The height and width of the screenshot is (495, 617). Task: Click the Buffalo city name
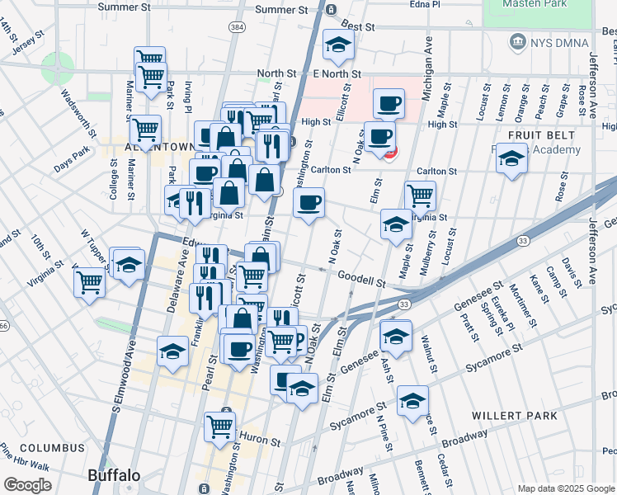[114, 475]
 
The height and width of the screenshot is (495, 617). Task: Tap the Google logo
[27, 485]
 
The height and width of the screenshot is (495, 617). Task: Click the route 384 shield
[238, 27]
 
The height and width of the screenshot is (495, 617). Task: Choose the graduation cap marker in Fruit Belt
[511, 158]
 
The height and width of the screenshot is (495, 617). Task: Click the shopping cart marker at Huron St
[220, 427]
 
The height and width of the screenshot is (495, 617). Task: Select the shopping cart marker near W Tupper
[89, 281]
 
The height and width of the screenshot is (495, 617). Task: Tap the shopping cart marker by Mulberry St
[420, 196]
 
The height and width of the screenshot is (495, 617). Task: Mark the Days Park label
[72, 153]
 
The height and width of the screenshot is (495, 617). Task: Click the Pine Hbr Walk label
[25, 460]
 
